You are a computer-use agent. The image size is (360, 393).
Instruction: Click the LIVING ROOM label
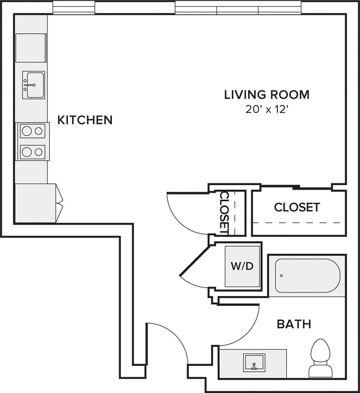[x=266, y=94]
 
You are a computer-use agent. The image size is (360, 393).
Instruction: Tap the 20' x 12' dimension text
[x=266, y=109]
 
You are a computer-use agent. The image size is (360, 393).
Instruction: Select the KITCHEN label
[x=85, y=120]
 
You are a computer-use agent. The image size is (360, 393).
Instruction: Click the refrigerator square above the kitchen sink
[x=30, y=48]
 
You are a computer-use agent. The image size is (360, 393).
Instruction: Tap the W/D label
[x=241, y=266]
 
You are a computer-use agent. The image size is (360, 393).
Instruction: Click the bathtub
[x=307, y=275]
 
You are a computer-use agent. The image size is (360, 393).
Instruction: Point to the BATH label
[x=294, y=324]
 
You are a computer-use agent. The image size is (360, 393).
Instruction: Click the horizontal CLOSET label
[x=297, y=207]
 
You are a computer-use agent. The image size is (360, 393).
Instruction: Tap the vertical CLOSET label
[x=225, y=211]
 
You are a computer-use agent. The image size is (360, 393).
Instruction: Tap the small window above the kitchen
[x=74, y=8]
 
